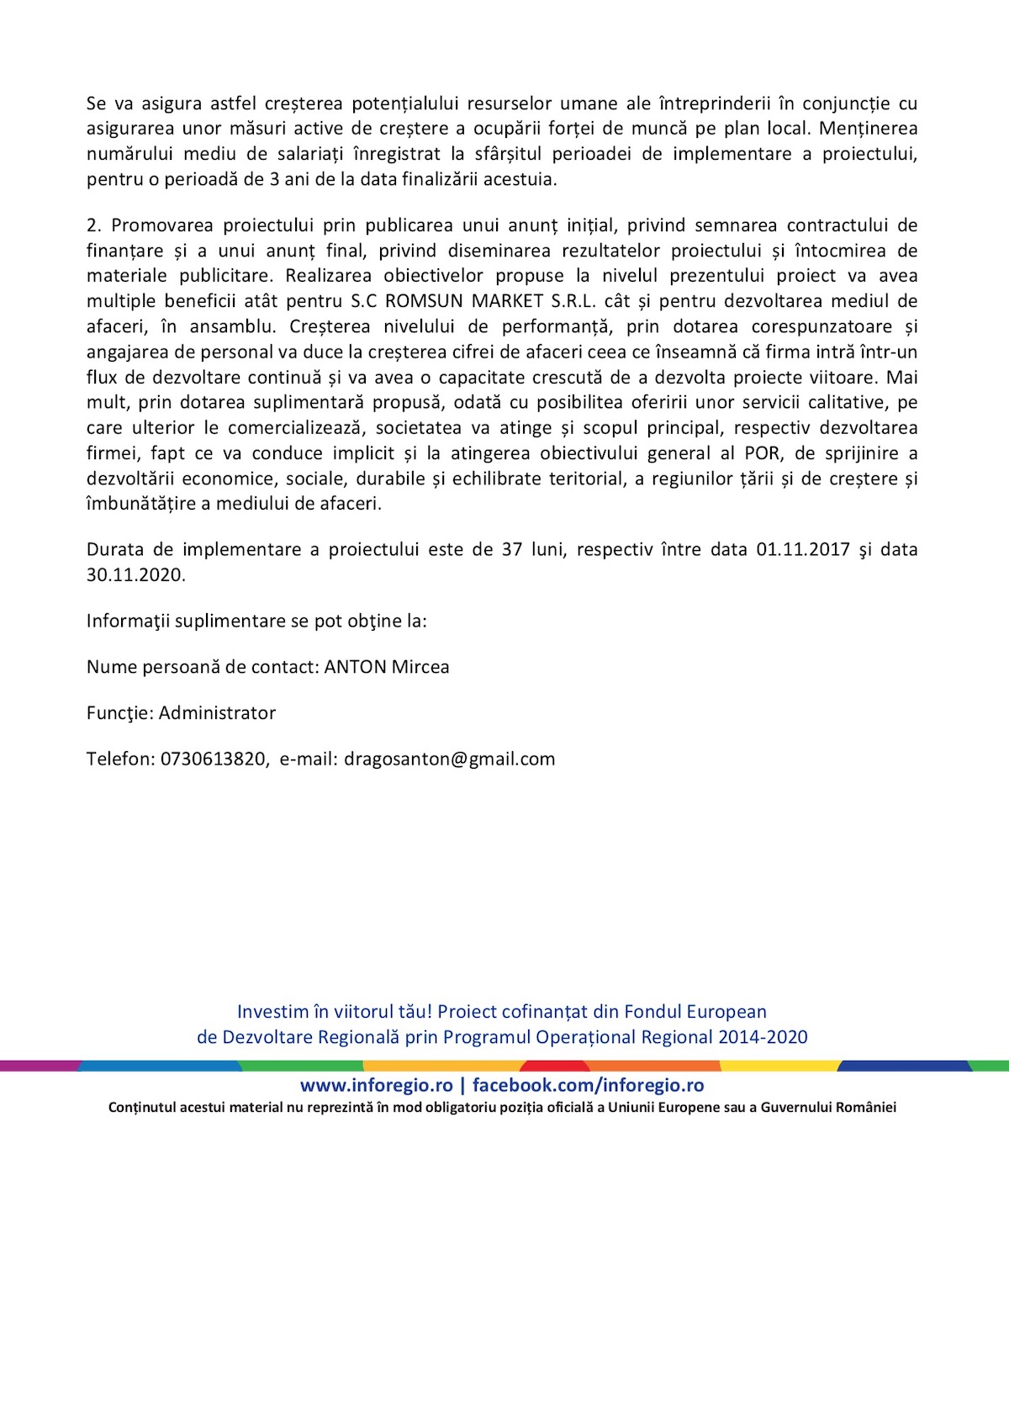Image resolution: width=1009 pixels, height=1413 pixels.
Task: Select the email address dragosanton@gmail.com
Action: click(x=450, y=759)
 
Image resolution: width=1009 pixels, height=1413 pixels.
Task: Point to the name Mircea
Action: click(x=420, y=667)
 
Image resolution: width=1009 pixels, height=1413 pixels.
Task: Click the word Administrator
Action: click(x=217, y=713)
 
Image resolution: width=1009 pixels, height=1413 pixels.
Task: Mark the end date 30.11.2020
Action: click(x=135, y=575)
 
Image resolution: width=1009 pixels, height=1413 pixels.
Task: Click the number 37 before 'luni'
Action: click(x=512, y=550)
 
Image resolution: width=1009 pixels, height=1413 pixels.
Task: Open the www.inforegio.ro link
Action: click(x=376, y=1086)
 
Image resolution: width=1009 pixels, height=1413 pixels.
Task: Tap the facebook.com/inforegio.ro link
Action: click(x=588, y=1086)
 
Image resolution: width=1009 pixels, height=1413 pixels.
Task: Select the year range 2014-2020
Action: click(x=763, y=1037)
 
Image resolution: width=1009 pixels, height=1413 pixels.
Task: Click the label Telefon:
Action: click(x=120, y=759)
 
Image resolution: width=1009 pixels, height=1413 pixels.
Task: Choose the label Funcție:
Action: click(x=120, y=713)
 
